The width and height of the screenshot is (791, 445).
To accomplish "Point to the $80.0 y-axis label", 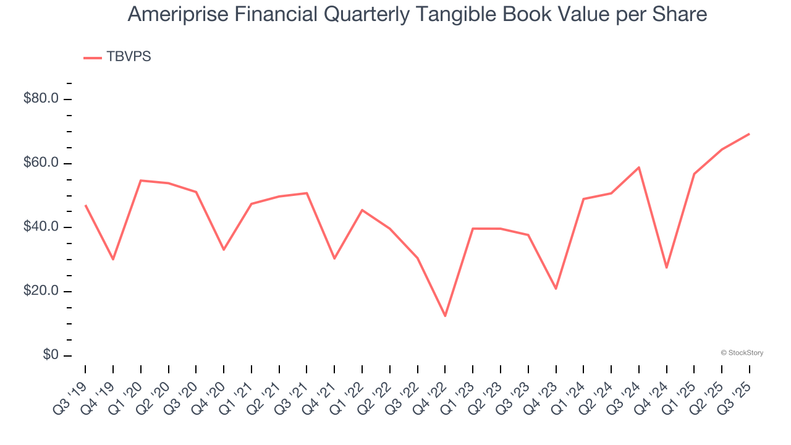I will (x=41, y=99).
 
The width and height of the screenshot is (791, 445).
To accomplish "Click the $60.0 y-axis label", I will (x=41, y=163).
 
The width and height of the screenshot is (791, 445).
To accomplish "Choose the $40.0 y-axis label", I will (x=41, y=227).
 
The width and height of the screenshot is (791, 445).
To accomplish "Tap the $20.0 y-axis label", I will (x=41, y=291).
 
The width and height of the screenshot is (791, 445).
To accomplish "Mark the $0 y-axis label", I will (x=51, y=355).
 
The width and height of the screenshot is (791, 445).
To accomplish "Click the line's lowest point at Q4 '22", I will (x=445, y=316).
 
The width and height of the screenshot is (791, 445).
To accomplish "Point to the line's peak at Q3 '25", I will (x=749, y=133).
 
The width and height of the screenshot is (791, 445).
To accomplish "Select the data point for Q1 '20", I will (x=141, y=180).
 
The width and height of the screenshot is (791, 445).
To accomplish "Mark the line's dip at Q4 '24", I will (x=666, y=268).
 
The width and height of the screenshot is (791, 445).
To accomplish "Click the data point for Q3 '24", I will (x=638, y=167).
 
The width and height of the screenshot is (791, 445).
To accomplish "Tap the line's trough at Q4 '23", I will (x=556, y=289).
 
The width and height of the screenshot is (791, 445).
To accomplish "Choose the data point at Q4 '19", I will (x=113, y=259).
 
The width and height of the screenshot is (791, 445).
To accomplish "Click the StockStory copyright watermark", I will (x=742, y=353).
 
